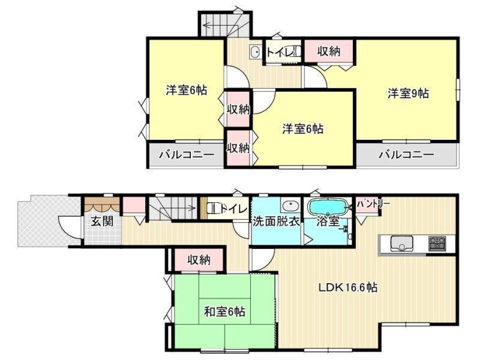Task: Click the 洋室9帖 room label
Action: point(409,94)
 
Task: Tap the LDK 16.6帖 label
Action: point(348,288)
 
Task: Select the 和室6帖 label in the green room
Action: point(224,312)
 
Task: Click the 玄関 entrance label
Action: point(102,221)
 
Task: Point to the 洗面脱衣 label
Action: point(276,221)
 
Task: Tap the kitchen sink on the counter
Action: point(401,244)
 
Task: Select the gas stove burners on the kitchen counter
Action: point(437,244)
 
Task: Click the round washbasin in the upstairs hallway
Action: point(255,52)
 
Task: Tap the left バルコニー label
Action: point(186,155)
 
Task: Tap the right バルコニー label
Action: point(407,155)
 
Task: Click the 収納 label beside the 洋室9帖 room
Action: point(328,52)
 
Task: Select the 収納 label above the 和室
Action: point(199,260)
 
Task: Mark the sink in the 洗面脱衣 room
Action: point(291,206)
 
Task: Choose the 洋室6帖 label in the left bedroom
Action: point(187,91)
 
